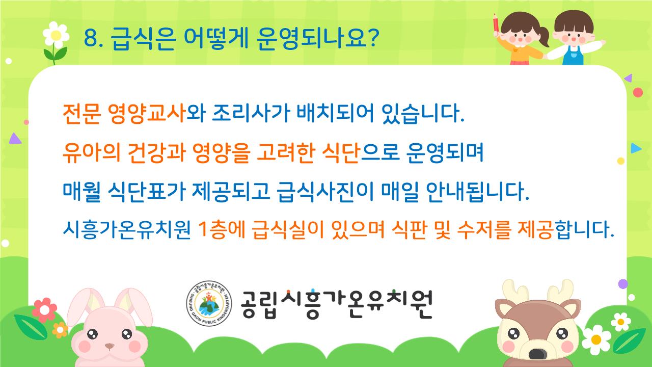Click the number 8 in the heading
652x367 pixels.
coord(91,38)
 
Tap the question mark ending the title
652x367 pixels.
coord(372,38)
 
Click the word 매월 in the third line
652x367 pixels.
coord(82,192)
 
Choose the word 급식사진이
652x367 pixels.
coord(325,192)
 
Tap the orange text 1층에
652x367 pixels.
coord(222,230)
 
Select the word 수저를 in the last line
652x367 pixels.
coord(484,230)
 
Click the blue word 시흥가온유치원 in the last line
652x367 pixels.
coord(127,230)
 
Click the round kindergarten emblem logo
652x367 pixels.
coord(209,303)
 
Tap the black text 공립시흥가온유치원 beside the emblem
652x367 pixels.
coord(337,304)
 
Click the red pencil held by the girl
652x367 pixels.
coord(496,23)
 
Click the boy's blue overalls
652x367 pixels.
coord(573,56)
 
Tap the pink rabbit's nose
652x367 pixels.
coord(110,346)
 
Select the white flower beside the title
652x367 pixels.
coord(56,35)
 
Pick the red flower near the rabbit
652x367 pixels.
coord(44,310)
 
